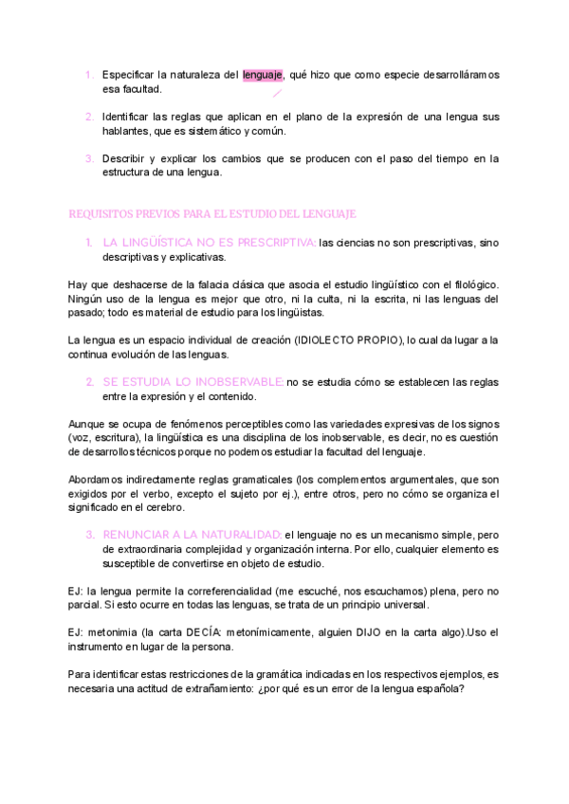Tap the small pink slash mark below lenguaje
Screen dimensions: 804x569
point(277,93)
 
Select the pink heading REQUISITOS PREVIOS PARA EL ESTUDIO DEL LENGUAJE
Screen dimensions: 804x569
point(212,214)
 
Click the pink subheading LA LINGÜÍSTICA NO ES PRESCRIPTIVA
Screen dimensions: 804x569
point(210,242)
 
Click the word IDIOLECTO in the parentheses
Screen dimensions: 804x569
point(326,339)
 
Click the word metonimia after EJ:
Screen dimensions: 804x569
point(116,631)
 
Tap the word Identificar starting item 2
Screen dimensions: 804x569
point(130,117)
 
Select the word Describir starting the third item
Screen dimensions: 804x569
point(126,158)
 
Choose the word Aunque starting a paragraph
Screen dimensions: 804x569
point(88,423)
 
